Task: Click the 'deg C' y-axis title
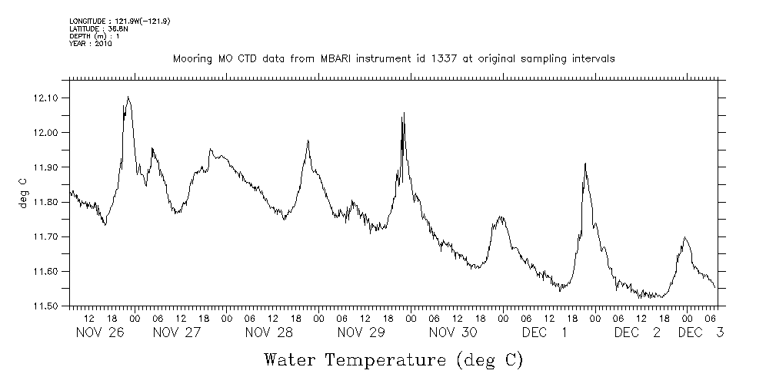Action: [x=23, y=192]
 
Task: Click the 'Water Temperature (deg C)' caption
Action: [x=393, y=359]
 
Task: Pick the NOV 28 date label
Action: [x=269, y=332]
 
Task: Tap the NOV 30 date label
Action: [x=453, y=332]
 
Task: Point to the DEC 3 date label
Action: [x=699, y=332]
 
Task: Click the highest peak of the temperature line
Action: [x=128, y=97]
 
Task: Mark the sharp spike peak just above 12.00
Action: [x=403, y=114]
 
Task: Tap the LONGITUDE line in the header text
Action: [x=119, y=21]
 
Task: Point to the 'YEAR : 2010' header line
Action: [x=91, y=44]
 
